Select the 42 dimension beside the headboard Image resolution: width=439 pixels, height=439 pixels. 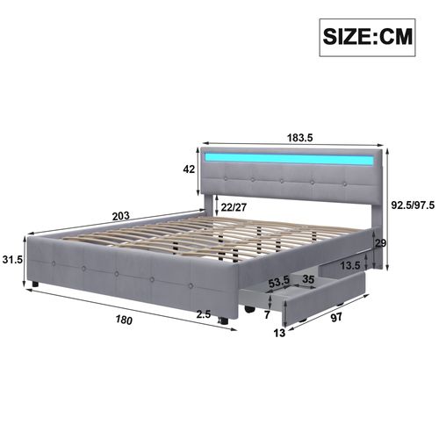187,170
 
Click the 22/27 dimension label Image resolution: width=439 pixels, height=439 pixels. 234,208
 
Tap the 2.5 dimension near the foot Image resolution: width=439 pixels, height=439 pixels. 204,314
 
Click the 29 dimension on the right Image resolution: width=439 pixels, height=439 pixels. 380,243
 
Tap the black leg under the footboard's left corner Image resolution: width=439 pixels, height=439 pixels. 34,284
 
